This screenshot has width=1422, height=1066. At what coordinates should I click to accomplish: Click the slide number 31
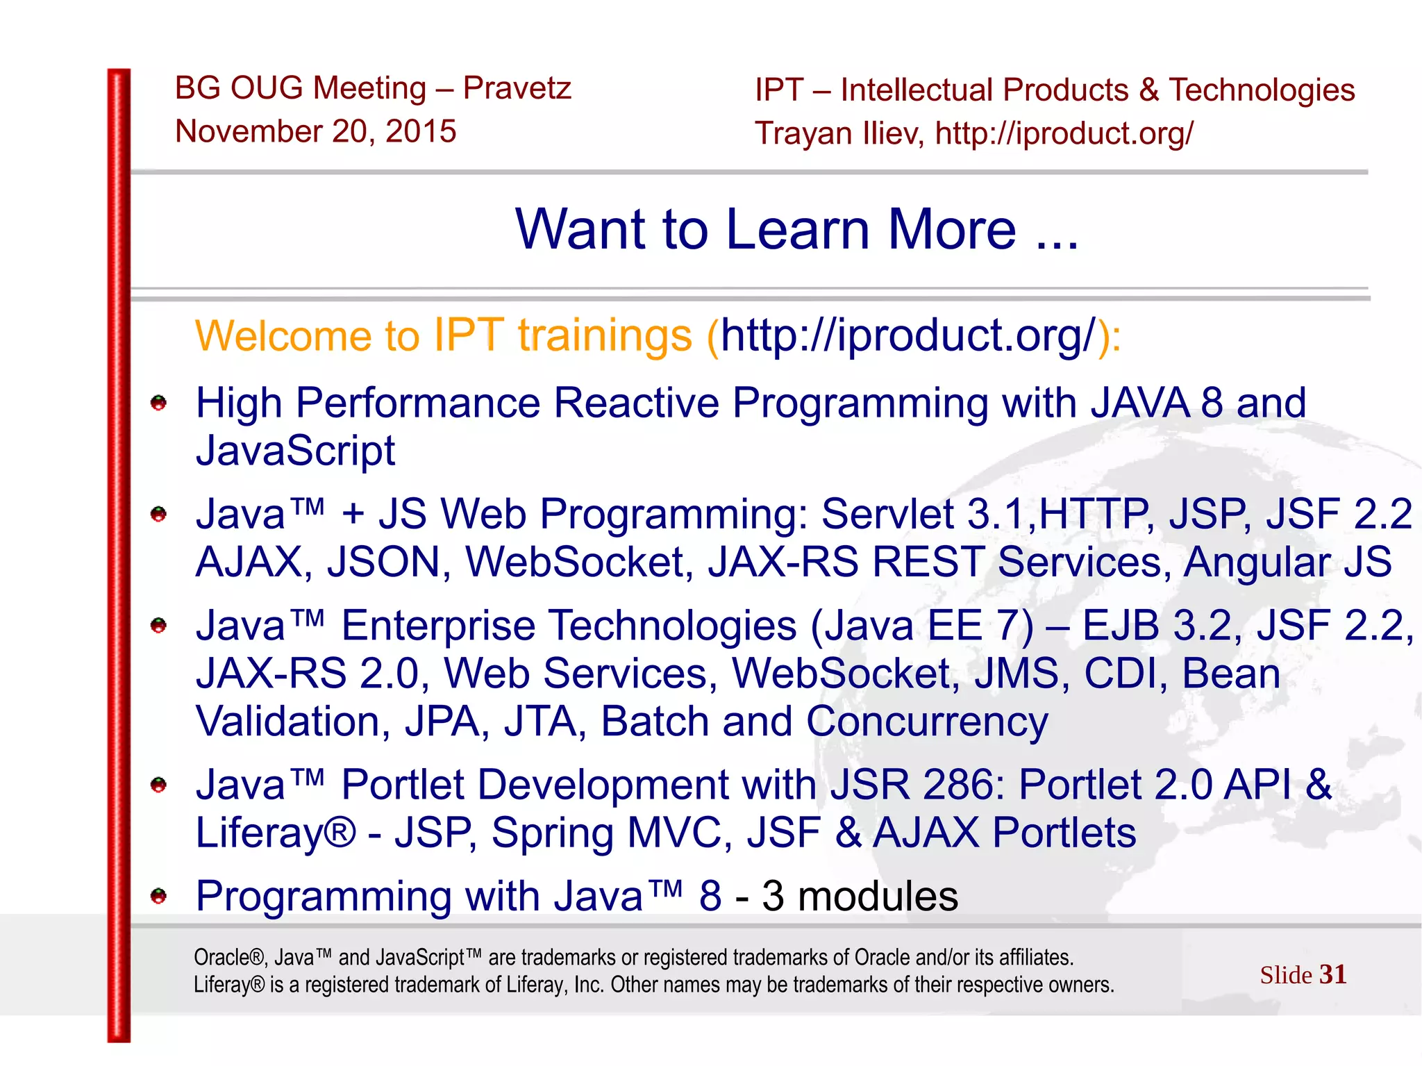pos(1332,974)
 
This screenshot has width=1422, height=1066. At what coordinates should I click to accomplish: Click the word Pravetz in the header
pos(517,88)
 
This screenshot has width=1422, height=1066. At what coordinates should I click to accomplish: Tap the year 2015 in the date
pos(421,131)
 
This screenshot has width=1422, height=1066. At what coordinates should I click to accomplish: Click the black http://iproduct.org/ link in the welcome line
pos(908,335)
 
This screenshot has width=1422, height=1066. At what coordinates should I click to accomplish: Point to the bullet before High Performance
pos(159,403)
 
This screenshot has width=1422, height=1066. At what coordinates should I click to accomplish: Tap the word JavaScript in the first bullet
pos(296,451)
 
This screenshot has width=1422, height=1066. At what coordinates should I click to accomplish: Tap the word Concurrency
pos(927,722)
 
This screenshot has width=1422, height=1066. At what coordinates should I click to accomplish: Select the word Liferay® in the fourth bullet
pos(276,833)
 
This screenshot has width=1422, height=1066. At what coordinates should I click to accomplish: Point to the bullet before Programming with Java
pos(159,896)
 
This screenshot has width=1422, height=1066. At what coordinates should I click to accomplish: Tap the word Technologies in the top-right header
pos(1262,90)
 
